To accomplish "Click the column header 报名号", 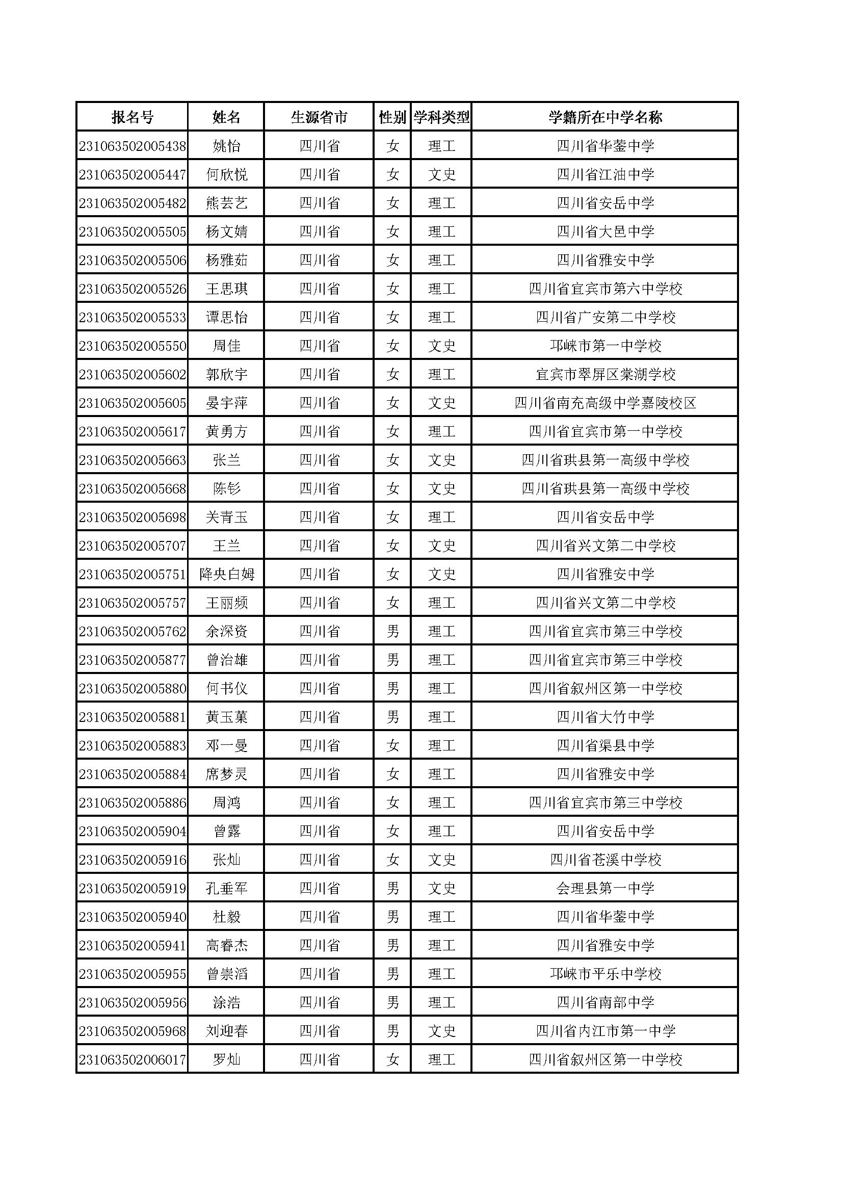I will click(x=133, y=117).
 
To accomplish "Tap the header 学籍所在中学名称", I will click(x=605, y=117).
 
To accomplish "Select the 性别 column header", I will click(x=392, y=117).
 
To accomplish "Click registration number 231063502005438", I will click(x=133, y=146).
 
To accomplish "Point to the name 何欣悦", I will click(x=226, y=175).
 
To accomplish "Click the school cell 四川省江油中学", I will click(x=605, y=175).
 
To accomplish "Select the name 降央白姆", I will click(x=226, y=575).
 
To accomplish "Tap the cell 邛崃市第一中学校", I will click(x=605, y=346).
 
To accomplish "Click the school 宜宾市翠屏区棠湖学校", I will click(x=605, y=375).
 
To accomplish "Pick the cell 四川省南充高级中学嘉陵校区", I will click(x=605, y=403).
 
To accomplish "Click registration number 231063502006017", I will click(x=133, y=1060).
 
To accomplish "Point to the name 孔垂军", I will click(x=226, y=889).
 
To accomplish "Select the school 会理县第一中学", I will click(x=605, y=889).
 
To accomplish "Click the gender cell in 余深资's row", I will click(x=392, y=632).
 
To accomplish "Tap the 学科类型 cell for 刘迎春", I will click(x=441, y=1031).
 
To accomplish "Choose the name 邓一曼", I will click(x=226, y=746).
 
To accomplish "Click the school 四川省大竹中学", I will click(x=605, y=717).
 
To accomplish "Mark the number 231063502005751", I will click(x=133, y=575).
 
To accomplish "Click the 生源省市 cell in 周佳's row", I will click(x=319, y=346).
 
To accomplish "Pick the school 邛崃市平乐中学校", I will click(x=605, y=974).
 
